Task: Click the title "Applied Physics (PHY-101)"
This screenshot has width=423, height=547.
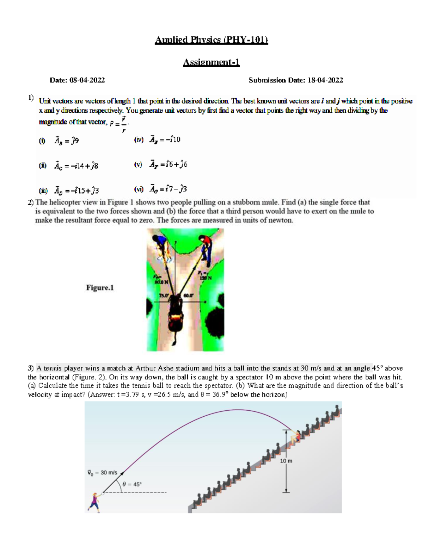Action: click(211, 39)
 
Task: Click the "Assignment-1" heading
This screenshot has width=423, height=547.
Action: click(211, 62)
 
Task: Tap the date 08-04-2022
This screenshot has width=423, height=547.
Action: click(87, 80)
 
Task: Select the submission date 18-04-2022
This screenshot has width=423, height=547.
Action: click(325, 80)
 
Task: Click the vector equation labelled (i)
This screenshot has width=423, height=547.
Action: click(66, 141)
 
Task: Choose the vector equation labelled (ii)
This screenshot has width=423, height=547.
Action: click(76, 166)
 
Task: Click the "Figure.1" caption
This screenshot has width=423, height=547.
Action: click(100, 288)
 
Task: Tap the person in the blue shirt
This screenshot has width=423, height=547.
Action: click(161, 247)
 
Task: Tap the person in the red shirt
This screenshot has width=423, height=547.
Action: click(206, 248)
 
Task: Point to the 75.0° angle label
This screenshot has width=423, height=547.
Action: click(164, 296)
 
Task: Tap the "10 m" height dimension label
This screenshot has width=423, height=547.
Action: click(286, 461)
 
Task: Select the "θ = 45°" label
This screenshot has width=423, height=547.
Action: click(132, 484)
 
